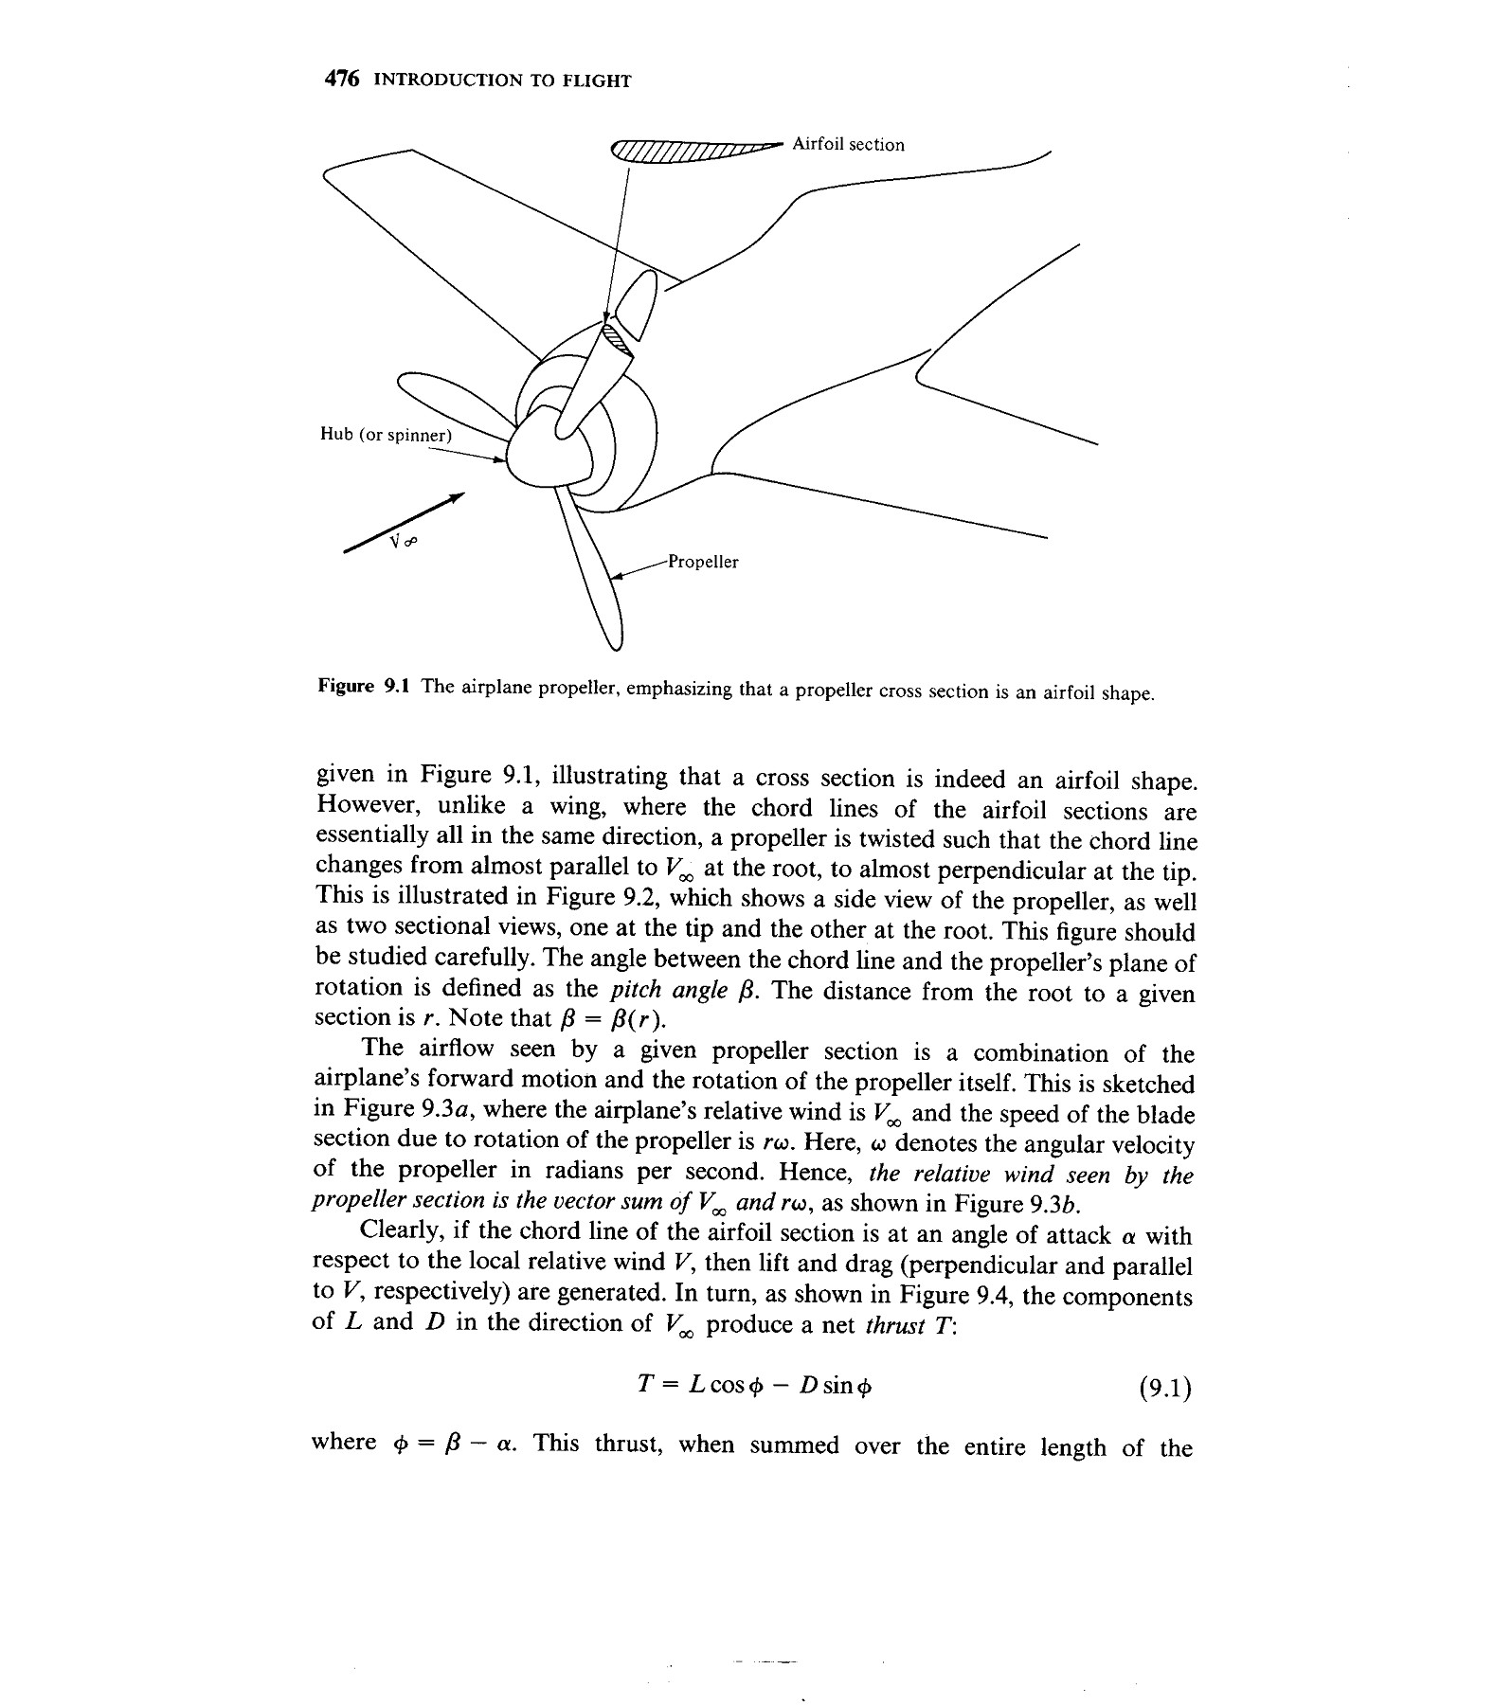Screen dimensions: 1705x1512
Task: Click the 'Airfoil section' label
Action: point(847,145)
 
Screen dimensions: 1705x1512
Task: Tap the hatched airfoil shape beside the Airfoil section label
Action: point(692,152)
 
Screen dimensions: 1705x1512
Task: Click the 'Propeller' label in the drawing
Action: point(702,562)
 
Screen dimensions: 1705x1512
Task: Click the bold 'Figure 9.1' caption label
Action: point(363,686)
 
